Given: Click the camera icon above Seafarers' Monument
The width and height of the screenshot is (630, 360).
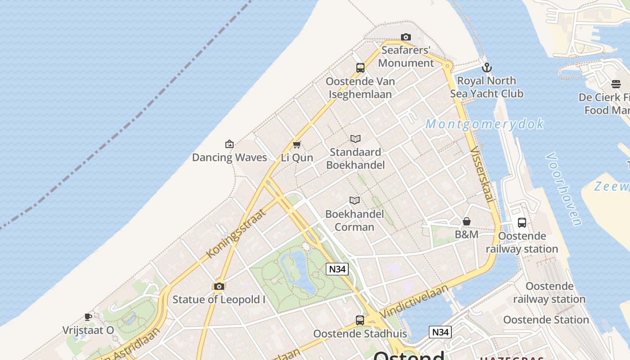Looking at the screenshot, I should [405, 37].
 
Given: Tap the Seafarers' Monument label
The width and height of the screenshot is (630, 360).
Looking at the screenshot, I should [406, 56].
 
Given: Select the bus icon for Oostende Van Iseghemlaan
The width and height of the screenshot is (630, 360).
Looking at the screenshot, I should [360, 68].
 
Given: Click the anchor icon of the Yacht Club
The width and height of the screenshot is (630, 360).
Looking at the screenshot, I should [486, 68].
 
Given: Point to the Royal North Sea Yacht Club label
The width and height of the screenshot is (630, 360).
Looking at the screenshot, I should [486, 87].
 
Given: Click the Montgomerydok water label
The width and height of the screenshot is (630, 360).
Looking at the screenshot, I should [484, 124].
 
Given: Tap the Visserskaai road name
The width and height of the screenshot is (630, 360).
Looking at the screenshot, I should [482, 175].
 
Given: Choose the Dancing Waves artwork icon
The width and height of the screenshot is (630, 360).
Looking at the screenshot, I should [229, 144].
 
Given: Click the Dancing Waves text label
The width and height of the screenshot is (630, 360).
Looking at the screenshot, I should [229, 157].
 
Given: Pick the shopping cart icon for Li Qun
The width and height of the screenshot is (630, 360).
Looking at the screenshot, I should [297, 144].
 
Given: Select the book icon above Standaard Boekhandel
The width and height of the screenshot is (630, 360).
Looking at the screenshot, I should [355, 139].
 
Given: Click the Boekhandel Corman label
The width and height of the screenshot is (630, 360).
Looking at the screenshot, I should [355, 220].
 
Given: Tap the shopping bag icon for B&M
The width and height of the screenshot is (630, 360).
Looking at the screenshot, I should [467, 221].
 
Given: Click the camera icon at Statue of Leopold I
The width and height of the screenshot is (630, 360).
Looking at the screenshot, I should [219, 286].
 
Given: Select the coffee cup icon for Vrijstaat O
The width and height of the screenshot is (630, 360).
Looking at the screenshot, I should [88, 317].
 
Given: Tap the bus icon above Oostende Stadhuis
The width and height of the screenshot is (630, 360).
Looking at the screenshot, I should [360, 320].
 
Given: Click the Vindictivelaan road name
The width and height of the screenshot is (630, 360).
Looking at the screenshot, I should [414, 301].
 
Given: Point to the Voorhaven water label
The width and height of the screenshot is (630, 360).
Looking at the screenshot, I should [564, 189].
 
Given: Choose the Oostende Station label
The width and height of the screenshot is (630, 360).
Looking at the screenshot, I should [546, 319].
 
